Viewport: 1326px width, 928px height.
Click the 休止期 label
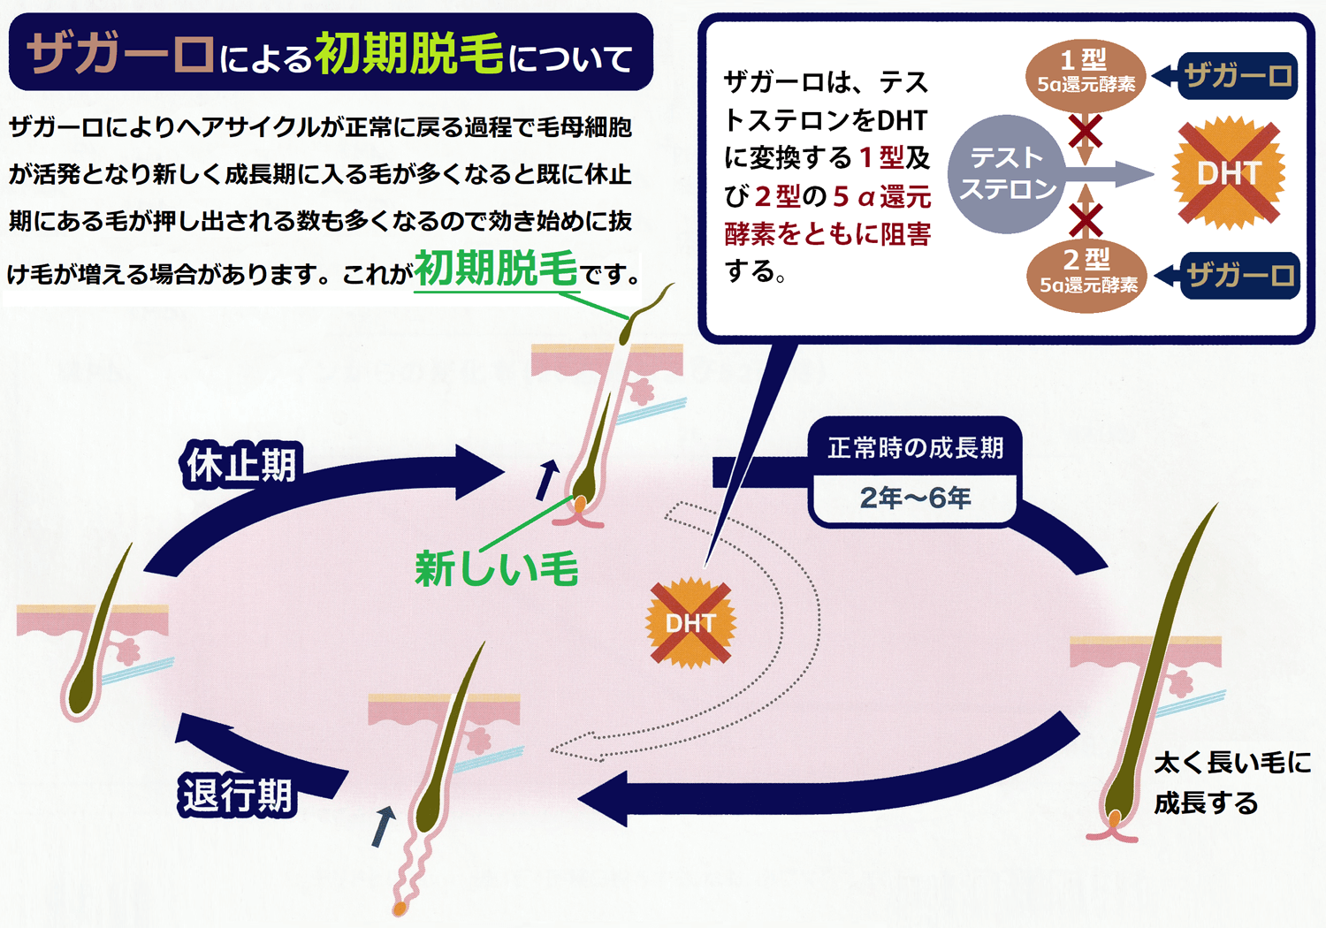240,465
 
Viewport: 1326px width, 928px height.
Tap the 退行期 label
237,795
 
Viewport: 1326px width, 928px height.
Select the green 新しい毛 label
496,568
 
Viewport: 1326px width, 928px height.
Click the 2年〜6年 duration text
915,498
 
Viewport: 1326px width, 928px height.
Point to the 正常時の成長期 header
915,447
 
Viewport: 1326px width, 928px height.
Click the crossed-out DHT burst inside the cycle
690,623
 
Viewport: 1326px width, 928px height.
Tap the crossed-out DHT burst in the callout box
1228,173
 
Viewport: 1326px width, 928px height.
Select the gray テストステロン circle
1008,174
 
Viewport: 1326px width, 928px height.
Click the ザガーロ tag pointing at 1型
1238,76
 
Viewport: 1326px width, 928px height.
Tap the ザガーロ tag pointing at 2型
1239,276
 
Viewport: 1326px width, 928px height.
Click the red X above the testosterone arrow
1085,133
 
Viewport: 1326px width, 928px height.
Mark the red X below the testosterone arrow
1086,219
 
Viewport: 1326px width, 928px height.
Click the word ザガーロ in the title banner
120,53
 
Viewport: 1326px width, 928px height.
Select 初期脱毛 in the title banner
408,53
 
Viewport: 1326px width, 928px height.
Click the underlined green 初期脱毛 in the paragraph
496,269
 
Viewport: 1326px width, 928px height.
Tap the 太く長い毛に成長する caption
1231,783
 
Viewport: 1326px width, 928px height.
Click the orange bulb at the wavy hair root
400,908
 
